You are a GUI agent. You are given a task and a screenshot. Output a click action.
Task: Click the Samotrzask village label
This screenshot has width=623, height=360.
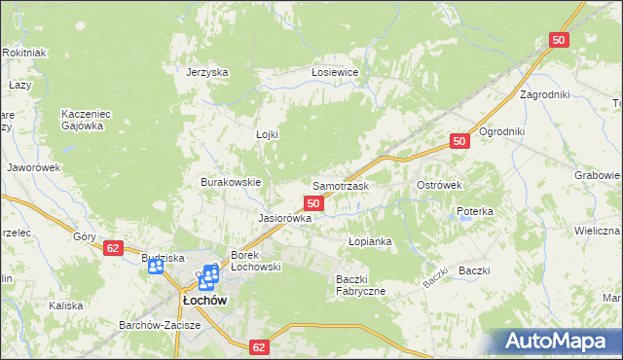point(340,185)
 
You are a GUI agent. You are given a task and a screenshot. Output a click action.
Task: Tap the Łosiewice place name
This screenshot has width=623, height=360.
point(335,73)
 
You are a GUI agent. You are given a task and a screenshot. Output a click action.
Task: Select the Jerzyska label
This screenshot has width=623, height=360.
point(206,73)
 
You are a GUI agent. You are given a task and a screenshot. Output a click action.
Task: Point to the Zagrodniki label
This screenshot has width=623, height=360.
point(544,95)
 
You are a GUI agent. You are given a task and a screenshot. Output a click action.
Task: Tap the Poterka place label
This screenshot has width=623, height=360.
point(475,211)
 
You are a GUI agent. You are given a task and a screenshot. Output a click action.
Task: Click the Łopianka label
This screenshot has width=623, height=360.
point(370,240)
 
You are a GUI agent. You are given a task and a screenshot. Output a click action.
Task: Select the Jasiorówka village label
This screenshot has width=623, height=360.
point(284,219)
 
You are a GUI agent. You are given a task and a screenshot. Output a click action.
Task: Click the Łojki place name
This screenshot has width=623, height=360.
point(267,134)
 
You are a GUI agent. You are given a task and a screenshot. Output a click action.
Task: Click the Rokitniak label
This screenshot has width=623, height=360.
point(24,53)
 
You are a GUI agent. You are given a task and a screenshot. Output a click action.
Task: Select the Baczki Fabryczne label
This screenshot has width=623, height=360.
point(361,285)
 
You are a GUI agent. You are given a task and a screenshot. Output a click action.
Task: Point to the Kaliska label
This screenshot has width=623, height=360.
point(65,306)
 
